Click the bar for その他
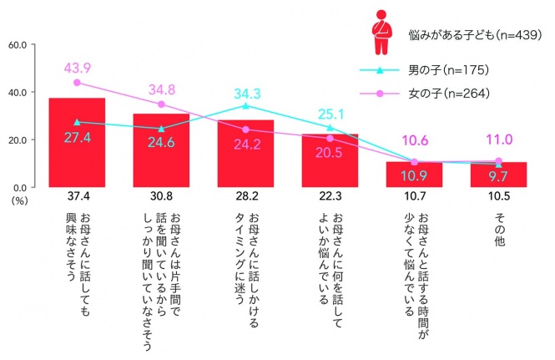pyautogui.click(x=498, y=175)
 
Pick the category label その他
pyautogui.click(x=498, y=229)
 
